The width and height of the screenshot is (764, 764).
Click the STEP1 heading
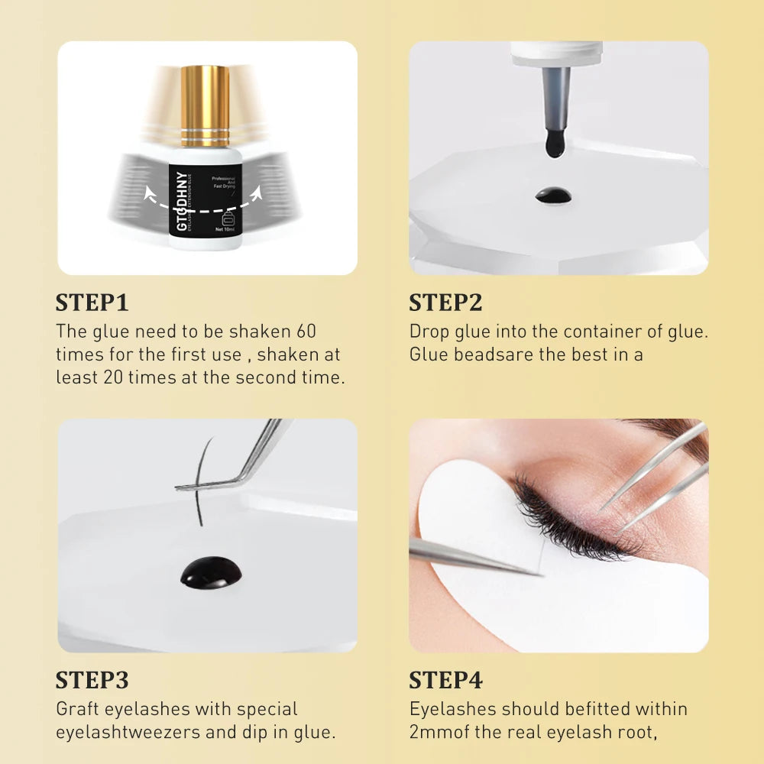click(x=92, y=303)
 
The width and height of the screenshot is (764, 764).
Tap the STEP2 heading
click(x=445, y=303)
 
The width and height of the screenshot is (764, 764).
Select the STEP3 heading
click(x=92, y=680)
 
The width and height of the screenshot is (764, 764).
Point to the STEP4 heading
click(x=445, y=680)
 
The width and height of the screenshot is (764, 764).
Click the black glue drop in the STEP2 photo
click(x=553, y=195)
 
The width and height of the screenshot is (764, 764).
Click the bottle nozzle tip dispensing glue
click(x=555, y=141)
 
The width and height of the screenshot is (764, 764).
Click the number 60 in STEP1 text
click(x=304, y=332)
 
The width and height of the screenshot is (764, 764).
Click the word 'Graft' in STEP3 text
click(x=78, y=709)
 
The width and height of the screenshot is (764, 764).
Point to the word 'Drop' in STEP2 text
click(x=429, y=332)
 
